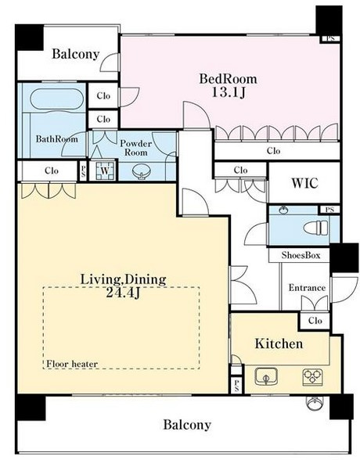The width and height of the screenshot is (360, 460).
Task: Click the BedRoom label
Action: (x=228, y=78)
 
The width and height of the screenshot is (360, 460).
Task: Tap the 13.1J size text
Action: (x=228, y=92)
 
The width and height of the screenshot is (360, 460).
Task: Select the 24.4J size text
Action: (x=123, y=293)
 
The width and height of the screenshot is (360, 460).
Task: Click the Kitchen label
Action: (x=279, y=343)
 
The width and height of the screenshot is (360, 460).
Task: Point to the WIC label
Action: (x=304, y=183)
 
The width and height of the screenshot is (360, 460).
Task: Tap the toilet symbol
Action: (x=315, y=228)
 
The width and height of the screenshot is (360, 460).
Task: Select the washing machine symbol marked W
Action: (x=105, y=171)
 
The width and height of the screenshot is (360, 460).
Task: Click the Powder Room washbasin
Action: (x=142, y=171)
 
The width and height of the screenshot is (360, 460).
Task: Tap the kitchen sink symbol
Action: (x=266, y=376)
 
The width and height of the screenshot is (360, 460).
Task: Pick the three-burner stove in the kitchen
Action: (x=312, y=377)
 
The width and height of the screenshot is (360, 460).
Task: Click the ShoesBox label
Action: (x=301, y=255)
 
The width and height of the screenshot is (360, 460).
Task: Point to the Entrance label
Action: (x=307, y=288)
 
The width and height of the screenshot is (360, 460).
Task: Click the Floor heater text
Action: (x=72, y=364)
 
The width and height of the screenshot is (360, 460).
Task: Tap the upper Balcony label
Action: (x=76, y=54)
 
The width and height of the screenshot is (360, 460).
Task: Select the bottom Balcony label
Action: (x=187, y=425)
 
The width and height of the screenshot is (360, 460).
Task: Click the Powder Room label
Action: (x=136, y=148)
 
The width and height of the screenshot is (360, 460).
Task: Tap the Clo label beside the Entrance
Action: (x=315, y=321)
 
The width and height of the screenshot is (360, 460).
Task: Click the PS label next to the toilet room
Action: (x=329, y=210)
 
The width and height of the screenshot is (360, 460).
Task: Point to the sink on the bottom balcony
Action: (x=315, y=404)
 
